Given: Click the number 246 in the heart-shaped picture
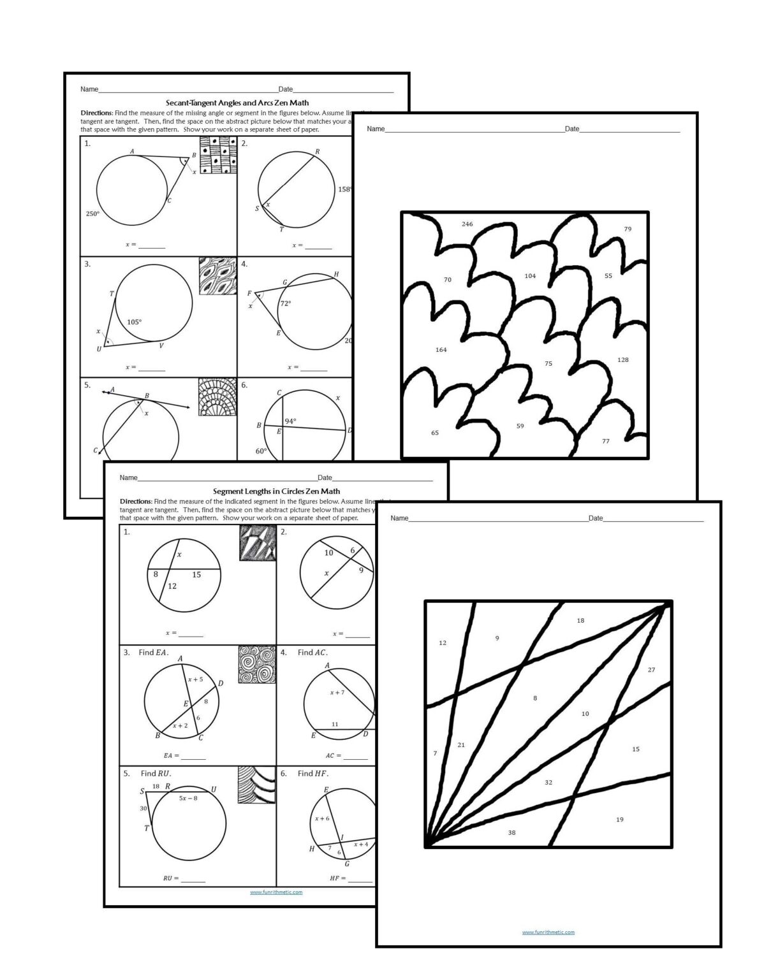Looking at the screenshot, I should (x=467, y=224).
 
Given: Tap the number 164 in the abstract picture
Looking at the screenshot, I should (x=441, y=350).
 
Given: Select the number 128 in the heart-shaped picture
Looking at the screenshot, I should (x=623, y=360).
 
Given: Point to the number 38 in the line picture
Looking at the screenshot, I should (x=511, y=833).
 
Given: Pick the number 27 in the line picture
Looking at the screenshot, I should (x=651, y=670).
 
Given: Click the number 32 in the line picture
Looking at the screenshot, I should (x=548, y=783).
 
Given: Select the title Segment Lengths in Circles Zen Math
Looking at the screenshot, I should (x=276, y=491).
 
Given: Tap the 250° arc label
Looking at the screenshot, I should (x=92, y=214).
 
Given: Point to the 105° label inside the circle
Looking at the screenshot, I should (x=134, y=322).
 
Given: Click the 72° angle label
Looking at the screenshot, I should (x=285, y=304).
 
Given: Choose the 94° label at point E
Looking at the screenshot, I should (x=290, y=421).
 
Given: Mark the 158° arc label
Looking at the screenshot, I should (x=344, y=189).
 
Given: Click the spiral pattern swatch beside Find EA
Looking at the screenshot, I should (x=253, y=665).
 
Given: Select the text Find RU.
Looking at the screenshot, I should (x=156, y=774).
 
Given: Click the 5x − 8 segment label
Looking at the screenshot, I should (x=187, y=798).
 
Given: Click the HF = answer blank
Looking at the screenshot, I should (x=360, y=878).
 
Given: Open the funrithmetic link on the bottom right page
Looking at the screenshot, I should (x=548, y=932).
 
